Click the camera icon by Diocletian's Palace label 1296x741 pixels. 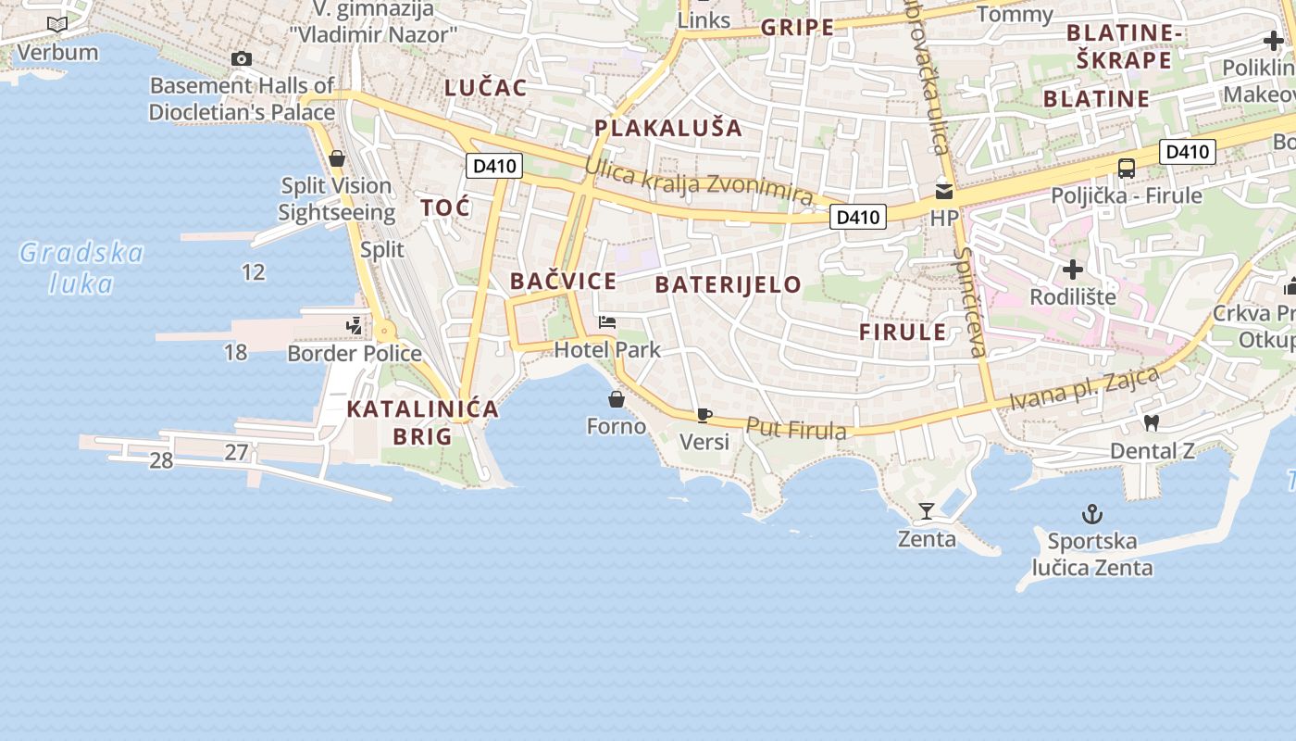(x=242, y=59)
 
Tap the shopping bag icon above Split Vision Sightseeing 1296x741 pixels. (x=337, y=158)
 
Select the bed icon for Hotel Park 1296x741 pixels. (x=607, y=322)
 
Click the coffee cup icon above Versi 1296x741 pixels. (x=704, y=415)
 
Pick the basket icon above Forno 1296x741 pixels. (x=617, y=399)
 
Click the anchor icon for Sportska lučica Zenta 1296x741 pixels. (x=1093, y=514)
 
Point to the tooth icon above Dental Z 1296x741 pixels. (x=1152, y=422)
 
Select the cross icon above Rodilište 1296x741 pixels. (x=1073, y=270)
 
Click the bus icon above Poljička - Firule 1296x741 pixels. (x=1127, y=169)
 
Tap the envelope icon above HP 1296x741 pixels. (x=944, y=192)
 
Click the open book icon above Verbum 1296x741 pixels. (x=57, y=24)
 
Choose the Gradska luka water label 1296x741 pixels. (x=81, y=268)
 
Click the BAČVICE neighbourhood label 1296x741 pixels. (x=563, y=282)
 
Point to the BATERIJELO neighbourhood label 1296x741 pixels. (x=728, y=284)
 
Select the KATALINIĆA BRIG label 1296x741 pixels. (x=422, y=422)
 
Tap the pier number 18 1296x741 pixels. (x=236, y=352)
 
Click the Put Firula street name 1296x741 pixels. (x=796, y=429)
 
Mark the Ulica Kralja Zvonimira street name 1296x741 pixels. (x=699, y=181)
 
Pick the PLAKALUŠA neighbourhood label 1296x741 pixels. (x=668, y=128)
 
